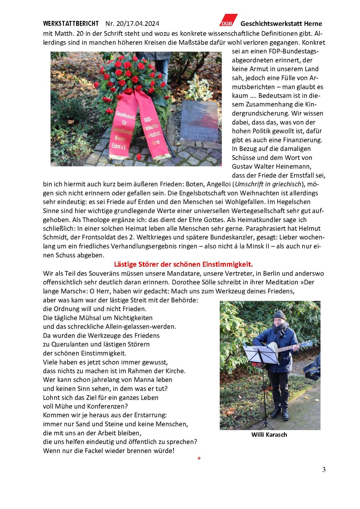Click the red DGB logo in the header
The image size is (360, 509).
228,20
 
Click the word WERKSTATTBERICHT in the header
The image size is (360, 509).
71,24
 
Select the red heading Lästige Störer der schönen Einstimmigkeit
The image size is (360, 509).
183,264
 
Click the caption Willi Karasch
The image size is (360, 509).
269,435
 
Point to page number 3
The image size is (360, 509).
324,470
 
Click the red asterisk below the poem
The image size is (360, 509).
199,459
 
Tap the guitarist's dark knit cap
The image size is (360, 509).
279,315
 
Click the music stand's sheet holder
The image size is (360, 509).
260,354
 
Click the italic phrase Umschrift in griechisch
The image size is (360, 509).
268,184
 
